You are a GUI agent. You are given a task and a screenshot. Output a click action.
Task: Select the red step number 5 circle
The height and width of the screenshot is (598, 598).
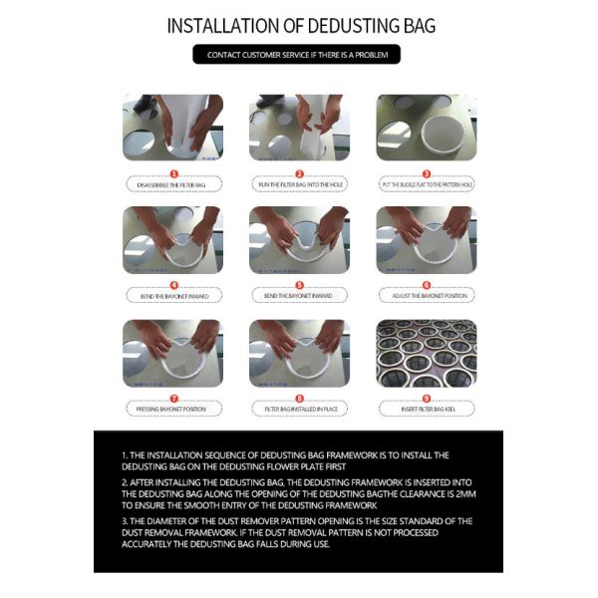point(298,285)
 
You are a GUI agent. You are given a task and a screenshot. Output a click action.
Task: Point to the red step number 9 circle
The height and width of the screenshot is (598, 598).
point(426,398)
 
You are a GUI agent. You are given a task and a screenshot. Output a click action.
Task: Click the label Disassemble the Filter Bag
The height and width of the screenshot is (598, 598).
point(172,185)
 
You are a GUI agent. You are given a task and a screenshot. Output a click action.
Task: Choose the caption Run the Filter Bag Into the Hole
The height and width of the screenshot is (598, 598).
point(298,185)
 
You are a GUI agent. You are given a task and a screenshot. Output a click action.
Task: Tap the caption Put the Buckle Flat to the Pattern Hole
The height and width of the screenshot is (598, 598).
point(426,185)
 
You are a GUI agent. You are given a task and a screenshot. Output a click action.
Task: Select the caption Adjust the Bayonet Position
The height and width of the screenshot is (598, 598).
point(426,296)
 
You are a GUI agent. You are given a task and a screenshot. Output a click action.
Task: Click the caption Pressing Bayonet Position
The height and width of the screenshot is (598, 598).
point(172,409)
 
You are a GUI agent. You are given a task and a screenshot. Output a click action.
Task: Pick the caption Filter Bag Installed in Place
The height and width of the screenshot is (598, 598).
point(298,409)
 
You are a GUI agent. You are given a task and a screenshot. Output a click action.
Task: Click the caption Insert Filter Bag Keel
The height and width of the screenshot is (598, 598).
point(426,409)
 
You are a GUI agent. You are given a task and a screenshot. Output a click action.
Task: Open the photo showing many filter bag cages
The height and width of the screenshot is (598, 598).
point(426,353)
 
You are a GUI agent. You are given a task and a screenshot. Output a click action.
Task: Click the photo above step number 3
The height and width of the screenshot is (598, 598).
point(426,128)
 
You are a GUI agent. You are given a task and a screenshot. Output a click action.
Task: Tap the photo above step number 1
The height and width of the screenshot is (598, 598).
point(172,128)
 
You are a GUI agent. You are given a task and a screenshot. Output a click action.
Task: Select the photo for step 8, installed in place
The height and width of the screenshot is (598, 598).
point(298,353)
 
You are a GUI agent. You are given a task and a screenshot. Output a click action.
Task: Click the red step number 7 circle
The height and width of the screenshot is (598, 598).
point(172,398)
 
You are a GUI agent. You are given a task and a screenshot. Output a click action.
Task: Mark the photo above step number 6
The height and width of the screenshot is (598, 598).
point(426,240)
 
